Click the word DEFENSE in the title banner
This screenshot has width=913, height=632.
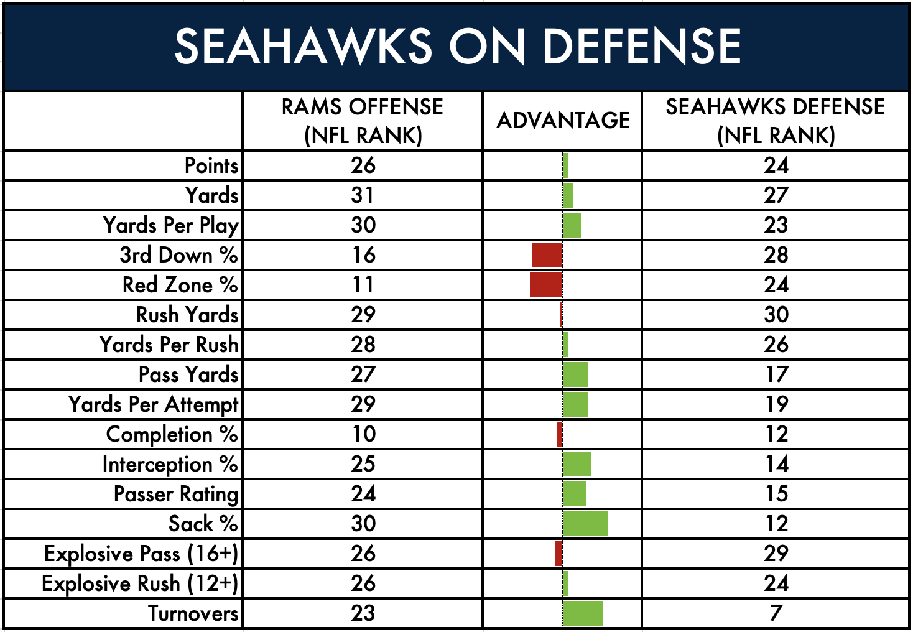coord(642,46)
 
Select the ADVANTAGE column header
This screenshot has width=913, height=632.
coord(563,121)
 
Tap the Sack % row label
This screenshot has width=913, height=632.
coord(203,524)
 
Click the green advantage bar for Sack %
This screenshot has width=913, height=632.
coord(586,524)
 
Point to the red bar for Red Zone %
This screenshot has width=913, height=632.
coord(546,285)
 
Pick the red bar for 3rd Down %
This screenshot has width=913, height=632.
coord(547,255)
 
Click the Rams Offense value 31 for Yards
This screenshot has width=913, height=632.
coord(363,195)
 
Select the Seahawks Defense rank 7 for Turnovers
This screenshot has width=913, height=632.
coord(776,613)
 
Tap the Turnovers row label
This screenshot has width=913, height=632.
coord(193,613)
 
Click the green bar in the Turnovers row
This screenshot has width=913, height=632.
coord(583,613)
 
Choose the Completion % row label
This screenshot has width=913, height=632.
coord(172,434)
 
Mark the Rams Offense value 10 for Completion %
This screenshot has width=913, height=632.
coord(364,434)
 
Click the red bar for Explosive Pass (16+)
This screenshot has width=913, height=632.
coord(558,553)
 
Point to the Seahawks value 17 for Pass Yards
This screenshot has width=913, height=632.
coord(776,374)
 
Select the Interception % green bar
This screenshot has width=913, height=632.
coord(577,464)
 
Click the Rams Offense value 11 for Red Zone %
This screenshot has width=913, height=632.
coord(363,285)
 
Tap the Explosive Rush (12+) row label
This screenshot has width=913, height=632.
coord(140,583)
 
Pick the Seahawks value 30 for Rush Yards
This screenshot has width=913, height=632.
coord(776,315)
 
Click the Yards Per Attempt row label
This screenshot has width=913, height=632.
coord(153,405)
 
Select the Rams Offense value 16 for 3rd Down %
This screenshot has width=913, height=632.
coord(364,255)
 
